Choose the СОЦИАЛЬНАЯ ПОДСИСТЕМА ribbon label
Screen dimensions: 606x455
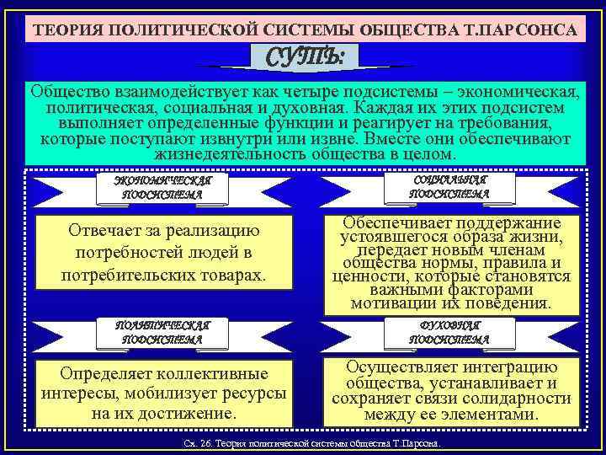tap(449, 187)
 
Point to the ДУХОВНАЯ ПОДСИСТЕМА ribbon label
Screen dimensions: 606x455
tap(449, 332)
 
